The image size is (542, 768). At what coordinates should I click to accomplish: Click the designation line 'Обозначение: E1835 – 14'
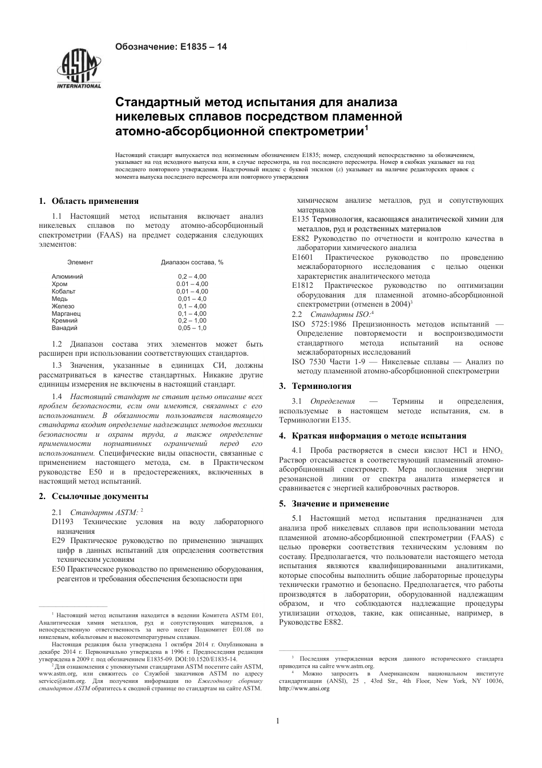171,47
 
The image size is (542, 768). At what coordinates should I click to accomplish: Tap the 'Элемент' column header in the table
80,262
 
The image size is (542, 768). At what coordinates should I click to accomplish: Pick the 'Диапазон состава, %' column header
192,262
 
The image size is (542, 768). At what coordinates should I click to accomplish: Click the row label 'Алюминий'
67,276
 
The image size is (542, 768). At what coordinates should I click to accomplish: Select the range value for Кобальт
192,291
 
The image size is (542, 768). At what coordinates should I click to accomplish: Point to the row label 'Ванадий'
64,328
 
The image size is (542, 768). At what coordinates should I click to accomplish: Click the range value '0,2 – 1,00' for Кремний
192,321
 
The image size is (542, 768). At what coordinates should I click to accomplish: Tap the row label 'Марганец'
66,313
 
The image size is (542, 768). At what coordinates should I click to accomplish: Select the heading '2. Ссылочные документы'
93,496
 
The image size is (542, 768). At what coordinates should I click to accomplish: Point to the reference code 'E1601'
302,258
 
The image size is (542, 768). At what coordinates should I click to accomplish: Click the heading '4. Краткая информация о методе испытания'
373,436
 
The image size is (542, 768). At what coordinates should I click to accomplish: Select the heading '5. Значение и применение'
334,504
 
